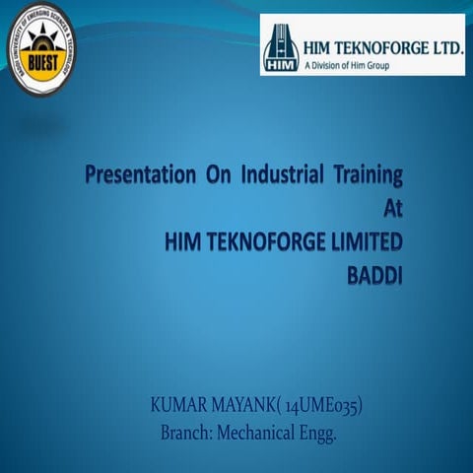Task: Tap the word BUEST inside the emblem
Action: (x=43, y=62)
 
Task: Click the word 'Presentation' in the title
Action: (x=140, y=177)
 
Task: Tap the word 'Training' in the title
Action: (x=367, y=177)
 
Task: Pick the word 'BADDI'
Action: (x=374, y=272)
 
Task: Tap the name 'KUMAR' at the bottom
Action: (x=178, y=405)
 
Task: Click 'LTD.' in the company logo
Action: (x=440, y=42)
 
